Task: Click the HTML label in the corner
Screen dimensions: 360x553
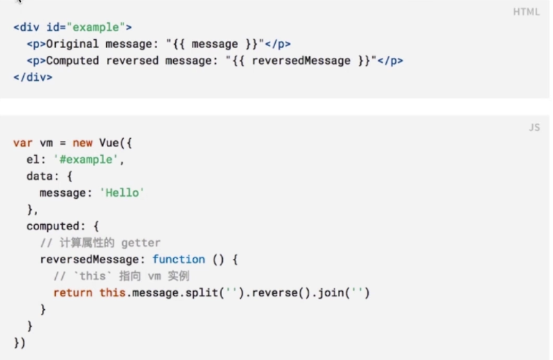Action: point(526,12)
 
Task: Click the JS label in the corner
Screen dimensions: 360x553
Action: point(534,128)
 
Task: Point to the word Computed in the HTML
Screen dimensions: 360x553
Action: point(72,61)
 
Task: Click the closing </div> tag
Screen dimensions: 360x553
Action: point(33,77)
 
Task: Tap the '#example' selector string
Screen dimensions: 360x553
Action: point(82,159)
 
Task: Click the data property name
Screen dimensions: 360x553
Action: point(39,176)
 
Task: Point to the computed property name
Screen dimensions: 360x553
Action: point(52,226)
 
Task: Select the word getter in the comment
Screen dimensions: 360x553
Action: point(140,243)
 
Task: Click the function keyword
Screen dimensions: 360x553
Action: point(179,260)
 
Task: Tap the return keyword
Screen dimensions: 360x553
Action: point(73,292)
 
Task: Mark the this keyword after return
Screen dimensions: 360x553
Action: point(112,292)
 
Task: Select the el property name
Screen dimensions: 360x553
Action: point(33,159)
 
